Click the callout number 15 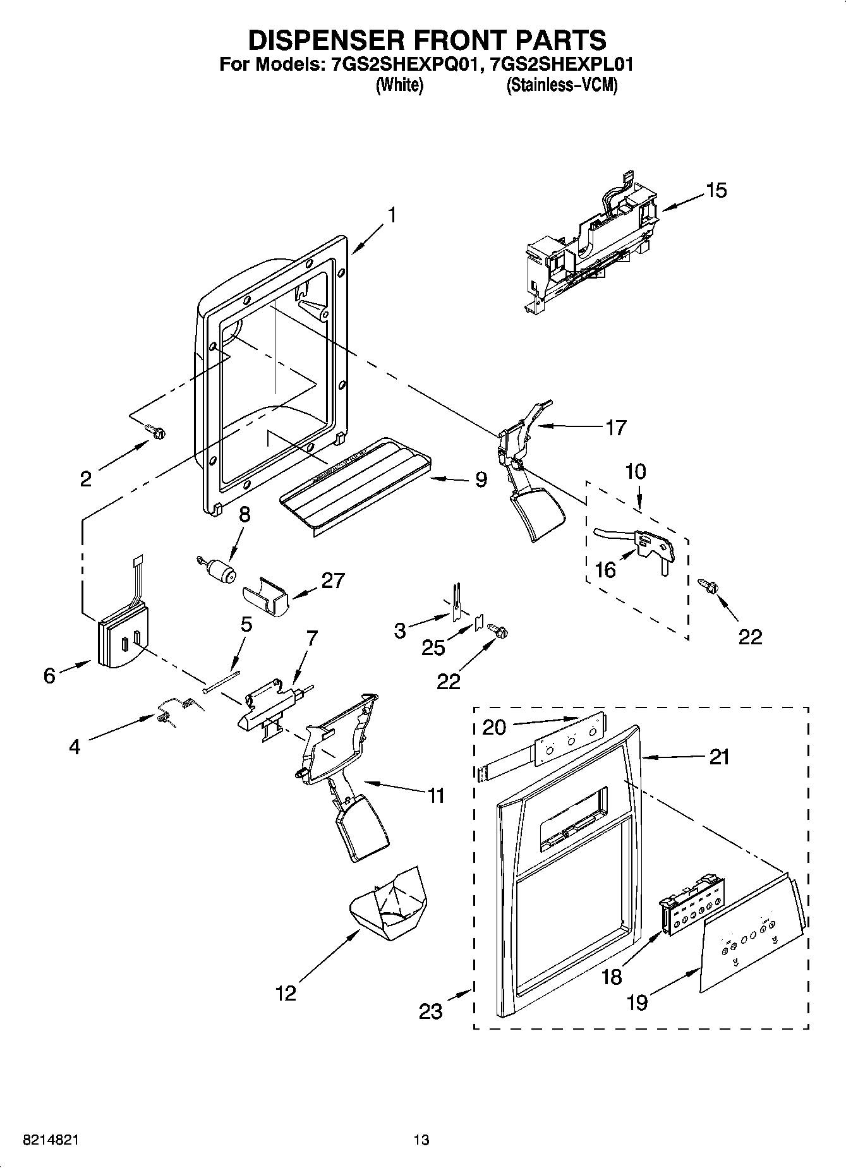click(x=716, y=190)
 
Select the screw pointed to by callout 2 click(x=156, y=431)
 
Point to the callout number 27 click(x=332, y=580)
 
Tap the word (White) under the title click(x=399, y=85)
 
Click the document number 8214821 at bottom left click(x=51, y=1140)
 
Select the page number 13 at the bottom click(x=421, y=1140)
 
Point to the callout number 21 click(x=719, y=756)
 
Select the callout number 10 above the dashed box click(x=636, y=471)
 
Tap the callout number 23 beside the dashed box click(x=431, y=1011)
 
